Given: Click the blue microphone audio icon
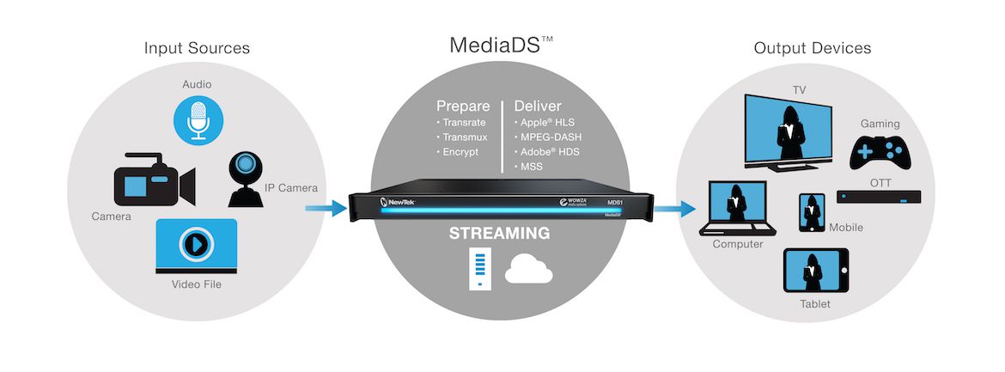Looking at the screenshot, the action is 198,120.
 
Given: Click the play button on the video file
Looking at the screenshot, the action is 196,244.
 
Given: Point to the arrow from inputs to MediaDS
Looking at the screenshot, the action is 326,208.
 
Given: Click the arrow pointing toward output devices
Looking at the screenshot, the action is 674,209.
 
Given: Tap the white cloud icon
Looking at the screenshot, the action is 529,271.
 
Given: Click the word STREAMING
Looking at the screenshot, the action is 499,233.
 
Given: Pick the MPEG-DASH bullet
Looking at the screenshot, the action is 548,137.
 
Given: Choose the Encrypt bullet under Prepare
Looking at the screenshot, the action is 458,153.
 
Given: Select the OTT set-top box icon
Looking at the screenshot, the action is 879,197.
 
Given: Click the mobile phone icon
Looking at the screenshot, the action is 812,212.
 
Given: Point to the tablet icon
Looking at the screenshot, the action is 815,270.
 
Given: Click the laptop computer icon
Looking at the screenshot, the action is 738,209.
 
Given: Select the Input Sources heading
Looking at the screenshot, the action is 197,48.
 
